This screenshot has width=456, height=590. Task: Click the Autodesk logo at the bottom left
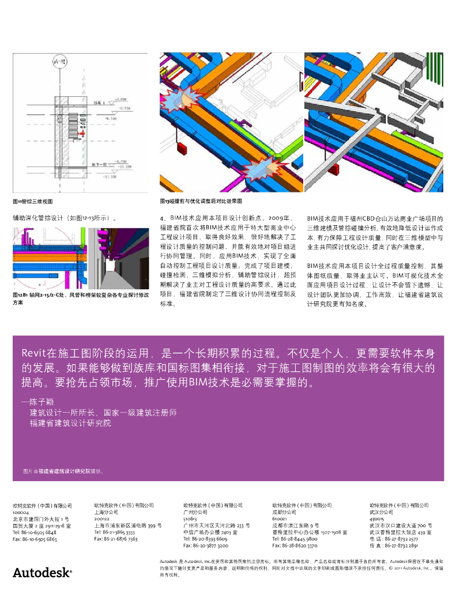42,572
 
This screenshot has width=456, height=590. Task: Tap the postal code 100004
21,512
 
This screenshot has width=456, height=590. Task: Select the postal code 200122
102,518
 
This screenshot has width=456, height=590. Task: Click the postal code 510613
191,518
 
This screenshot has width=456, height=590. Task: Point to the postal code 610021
280,518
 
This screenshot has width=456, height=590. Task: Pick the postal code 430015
378,518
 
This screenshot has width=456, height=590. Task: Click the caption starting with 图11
33,202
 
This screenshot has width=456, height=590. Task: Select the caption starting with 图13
201,201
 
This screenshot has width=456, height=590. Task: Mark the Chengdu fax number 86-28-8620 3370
295,545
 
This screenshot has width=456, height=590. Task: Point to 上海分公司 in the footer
105,512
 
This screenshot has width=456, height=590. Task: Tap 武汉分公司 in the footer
382,512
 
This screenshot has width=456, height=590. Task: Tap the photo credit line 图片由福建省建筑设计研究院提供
63,471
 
